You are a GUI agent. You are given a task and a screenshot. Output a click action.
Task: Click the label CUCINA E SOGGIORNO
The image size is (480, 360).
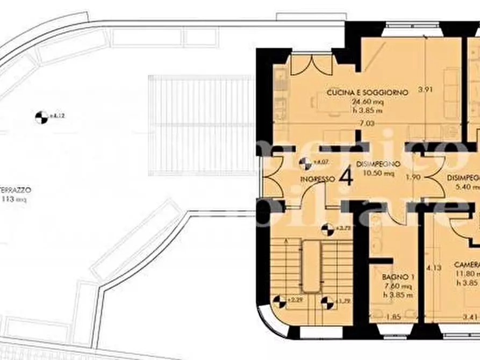368,92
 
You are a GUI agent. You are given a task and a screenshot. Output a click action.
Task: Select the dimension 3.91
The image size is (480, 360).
426,90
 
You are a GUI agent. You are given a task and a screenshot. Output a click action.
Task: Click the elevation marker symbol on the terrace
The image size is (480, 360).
41,116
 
